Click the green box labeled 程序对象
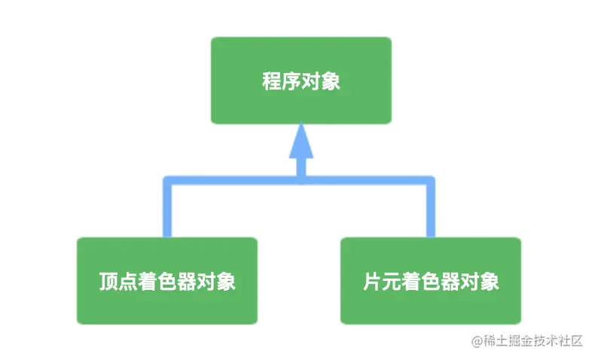coord(301,80)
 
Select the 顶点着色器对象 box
coord(166,280)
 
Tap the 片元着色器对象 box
coord(430,280)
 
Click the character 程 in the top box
coord(272,81)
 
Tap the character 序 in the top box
coord(291,81)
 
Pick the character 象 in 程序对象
coord(331,81)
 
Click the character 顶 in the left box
coord(108,282)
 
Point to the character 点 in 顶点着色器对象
coord(128,282)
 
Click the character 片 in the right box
coord(372,282)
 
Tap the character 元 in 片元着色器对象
coord(392,282)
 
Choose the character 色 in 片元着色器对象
coord(431,282)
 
